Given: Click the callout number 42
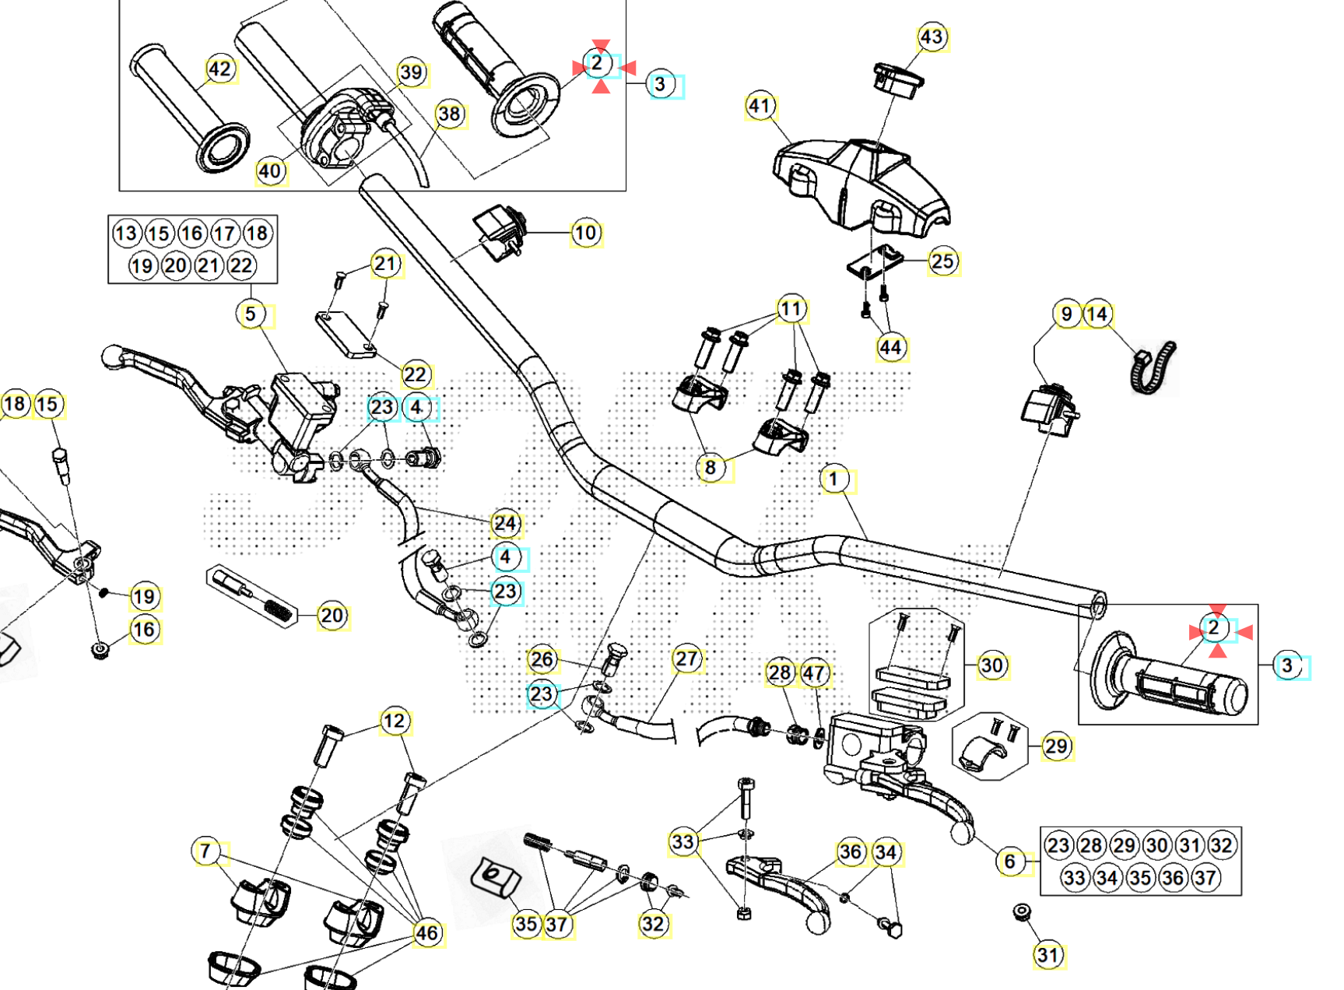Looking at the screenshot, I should coord(220,69).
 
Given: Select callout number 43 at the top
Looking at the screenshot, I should coord(931,37).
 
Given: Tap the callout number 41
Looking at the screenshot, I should coord(760,106).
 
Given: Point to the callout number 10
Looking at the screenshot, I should coord(585,233).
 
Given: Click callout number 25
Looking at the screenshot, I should coord(942,262).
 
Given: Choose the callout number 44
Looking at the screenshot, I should coord(891,347).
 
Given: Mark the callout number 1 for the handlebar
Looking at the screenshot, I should coord(834,479).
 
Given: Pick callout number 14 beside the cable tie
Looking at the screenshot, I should coord(1097,314).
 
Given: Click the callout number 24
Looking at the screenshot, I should coord(506,523).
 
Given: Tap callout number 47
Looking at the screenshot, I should coord(814,673).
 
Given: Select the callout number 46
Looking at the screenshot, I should coord(426,932).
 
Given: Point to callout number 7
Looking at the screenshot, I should coord(205,851).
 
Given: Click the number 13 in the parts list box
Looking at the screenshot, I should coord(126,233).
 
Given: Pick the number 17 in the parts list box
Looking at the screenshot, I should coord(224,233).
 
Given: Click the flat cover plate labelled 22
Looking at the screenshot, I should coord(346,335).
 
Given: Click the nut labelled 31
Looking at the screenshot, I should coord(1023,911).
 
